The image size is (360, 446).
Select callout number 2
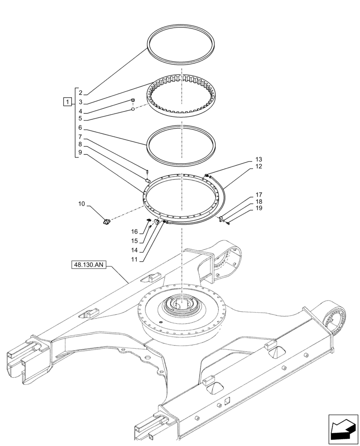pyautogui.click(x=81, y=93)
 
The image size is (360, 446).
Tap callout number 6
pyautogui.click(x=81, y=128)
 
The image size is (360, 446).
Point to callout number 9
pyautogui.click(x=81, y=153)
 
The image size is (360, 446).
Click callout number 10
pyautogui.click(x=82, y=204)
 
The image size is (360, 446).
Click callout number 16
pyautogui.click(x=135, y=232)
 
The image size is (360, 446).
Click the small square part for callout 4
pyautogui.click(x=133, y=101)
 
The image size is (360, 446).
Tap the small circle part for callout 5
pyautogui.click(x=132, y=109)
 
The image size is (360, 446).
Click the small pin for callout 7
pyautogui.click(x=147, y=169)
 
